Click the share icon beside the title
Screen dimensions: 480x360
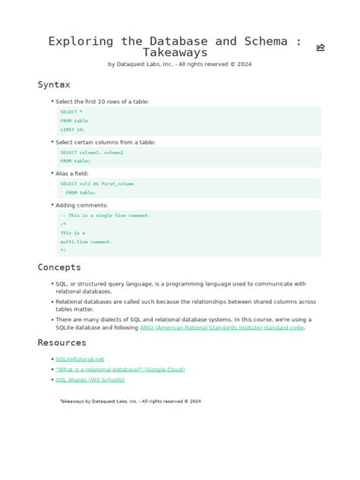tap(321, 47)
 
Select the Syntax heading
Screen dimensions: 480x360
tap(54, 84)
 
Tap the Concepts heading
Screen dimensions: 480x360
tap(59, 267)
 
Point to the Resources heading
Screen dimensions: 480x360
tap(62, 343)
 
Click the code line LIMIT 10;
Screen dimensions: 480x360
tap(73, 129)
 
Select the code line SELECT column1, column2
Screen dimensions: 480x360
tap(92, 153)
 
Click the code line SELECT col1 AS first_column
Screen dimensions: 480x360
tap(97, 184)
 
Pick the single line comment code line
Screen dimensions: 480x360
tap(106, 215)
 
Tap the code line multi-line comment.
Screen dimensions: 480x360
tap(87, 242)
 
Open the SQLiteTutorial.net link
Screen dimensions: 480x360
tap(80, 359)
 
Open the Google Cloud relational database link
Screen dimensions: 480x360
tap(120, 369)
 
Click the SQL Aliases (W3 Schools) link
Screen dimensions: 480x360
tap(90, 380)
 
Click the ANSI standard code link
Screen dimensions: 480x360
tap(222, 328)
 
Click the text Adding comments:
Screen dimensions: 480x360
tap(81, 205)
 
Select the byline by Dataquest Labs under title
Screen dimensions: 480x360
tap(180, 65)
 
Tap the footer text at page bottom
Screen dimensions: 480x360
tap(131, 401)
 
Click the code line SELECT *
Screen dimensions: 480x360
tap(71, 112)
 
